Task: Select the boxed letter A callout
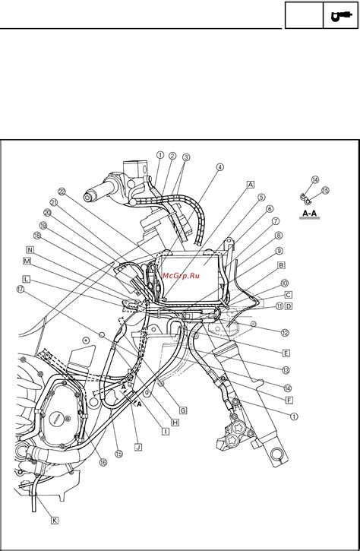tap(250, 184)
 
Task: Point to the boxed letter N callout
tap(30, 249)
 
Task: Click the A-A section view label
tap(310, 215)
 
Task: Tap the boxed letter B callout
tap(281, 265)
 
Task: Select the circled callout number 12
tap(285, 332)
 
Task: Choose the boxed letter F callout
tap(280, 398)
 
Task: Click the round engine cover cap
tap(58, 418)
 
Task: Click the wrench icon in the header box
tap(337, 15)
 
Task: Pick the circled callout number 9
tap(279, 251)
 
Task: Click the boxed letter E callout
tap(286, 353)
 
